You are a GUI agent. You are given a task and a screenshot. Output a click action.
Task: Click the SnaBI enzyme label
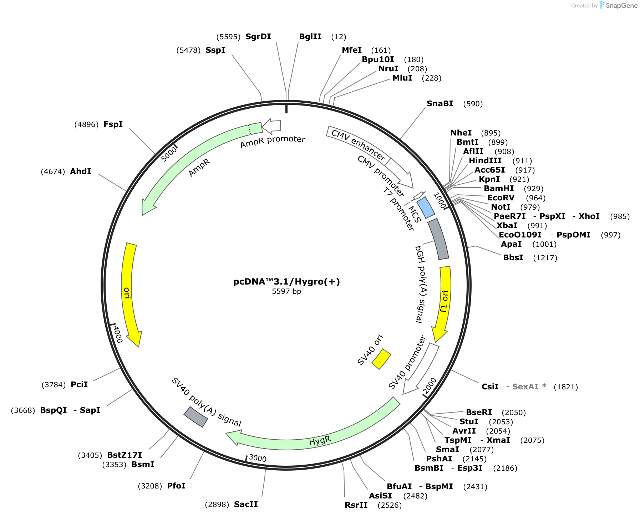[440, 103]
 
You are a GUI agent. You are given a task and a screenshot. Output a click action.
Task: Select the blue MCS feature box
[426, 208]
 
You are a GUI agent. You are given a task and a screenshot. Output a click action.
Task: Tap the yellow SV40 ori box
[381, 359]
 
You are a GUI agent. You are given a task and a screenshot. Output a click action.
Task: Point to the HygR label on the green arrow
[320, 441]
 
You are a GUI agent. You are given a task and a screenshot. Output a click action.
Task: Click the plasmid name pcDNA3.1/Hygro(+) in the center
[286, 282]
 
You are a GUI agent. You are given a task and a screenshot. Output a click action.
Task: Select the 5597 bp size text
[286, 291]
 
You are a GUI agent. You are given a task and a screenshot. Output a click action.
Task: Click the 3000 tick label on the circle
[258, 458]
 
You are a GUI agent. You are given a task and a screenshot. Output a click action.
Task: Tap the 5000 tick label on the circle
[169, 154]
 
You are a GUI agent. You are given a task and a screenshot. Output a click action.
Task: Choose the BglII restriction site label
[310, 36]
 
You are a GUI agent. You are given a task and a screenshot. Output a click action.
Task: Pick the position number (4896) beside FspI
[86, 124]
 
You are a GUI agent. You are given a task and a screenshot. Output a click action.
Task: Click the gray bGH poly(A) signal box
[438, 239]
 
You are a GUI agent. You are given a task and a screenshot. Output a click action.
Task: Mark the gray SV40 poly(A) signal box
[195, 417]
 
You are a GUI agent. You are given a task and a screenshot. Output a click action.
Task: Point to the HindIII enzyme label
[485, 160]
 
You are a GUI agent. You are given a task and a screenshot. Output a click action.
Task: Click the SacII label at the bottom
[246, 504]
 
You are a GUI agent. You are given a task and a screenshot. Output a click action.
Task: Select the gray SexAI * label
[529, 387]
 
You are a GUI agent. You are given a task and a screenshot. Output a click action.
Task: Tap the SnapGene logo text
[621, 5]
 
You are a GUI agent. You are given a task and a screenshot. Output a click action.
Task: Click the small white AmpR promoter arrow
[271, 126]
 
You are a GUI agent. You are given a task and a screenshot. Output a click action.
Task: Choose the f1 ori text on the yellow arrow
[444, 301]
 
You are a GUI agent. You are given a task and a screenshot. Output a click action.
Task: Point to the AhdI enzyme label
[81, 171]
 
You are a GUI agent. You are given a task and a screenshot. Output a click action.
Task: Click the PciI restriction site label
[79, 384]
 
